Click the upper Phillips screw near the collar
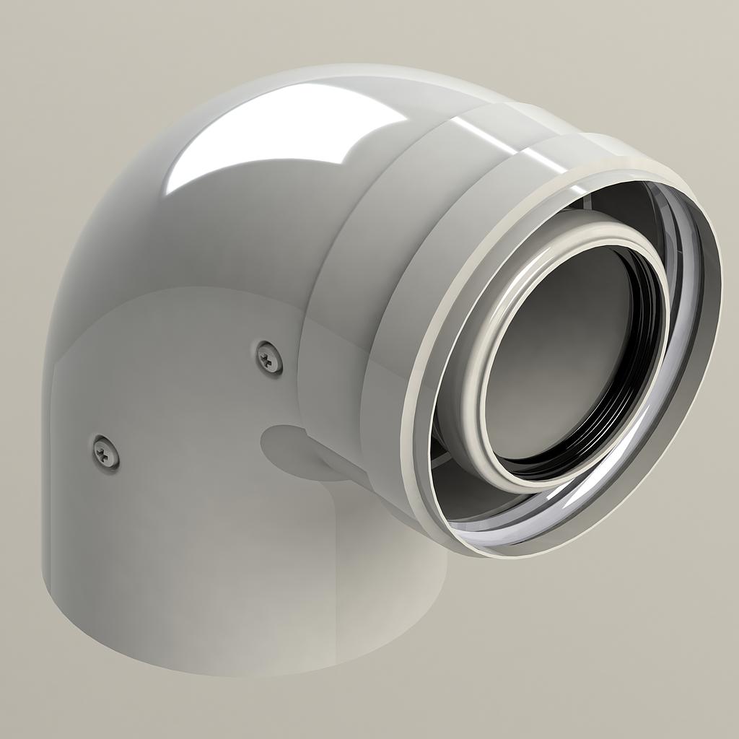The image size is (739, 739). [270, 357]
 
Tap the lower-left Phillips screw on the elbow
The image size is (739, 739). [106, 452]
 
